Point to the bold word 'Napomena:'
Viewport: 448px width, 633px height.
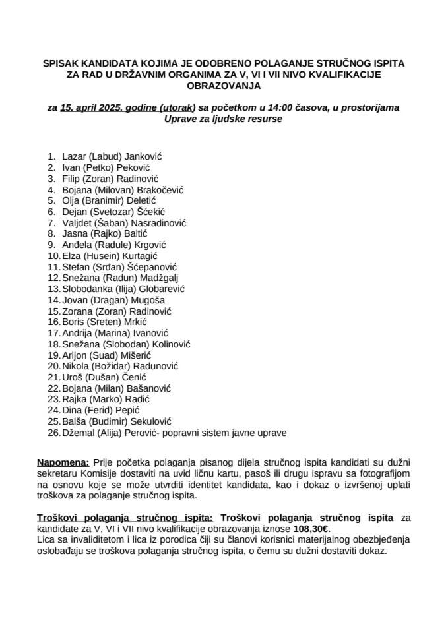pos(63,464)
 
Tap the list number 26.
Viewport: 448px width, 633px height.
pos(52,433)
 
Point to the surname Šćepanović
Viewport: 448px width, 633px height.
pos(152,267)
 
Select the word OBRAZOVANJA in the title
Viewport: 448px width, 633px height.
pos(224,86)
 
